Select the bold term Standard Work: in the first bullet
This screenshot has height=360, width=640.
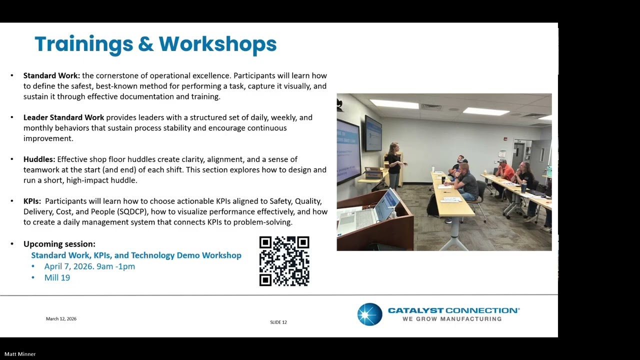[51, 75]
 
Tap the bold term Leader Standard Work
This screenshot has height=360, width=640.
[63, 117]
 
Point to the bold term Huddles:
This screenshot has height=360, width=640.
[39, 159]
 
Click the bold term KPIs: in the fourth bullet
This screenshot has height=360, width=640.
[32, 201]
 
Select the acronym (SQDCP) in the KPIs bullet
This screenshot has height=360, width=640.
[132, 211]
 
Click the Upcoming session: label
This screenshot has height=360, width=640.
[59, 244]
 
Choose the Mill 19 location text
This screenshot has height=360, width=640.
[57, 277]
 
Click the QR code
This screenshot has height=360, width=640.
[284, 261]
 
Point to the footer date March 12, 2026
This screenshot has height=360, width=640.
[61, 319]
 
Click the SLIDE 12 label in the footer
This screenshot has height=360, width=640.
[278, 322]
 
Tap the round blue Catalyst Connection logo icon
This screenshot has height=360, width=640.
[369, 314]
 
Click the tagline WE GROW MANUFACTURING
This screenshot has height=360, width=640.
[451, 319]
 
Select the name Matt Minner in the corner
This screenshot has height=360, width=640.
[20, 354]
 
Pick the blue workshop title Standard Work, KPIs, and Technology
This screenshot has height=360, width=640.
[136, 255]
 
